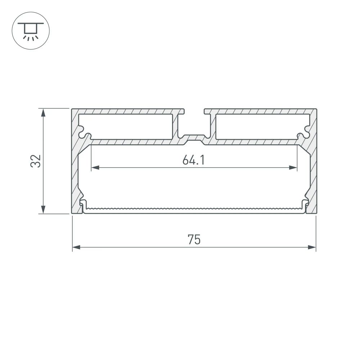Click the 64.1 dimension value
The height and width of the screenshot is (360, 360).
pos(193,160)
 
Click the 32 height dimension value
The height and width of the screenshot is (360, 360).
pos(35,161)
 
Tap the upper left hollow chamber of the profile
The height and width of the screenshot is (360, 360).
pos(126,126)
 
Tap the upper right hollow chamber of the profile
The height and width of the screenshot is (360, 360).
pos(261,126)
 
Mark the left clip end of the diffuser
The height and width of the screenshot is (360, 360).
pos(82,207)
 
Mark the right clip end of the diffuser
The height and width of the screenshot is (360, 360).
pos(306,207)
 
